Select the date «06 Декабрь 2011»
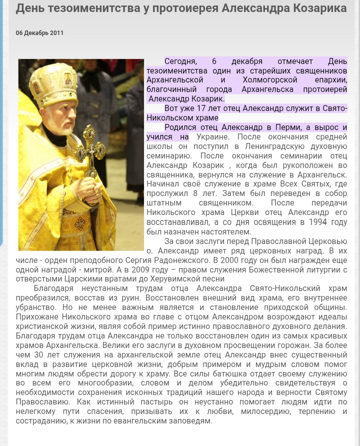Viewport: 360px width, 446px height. [x=39, y=33]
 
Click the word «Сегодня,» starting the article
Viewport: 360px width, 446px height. [x=180, y=61]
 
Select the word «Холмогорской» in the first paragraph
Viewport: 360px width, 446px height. [x=270, y=80]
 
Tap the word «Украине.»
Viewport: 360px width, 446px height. [x=212, y=136]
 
